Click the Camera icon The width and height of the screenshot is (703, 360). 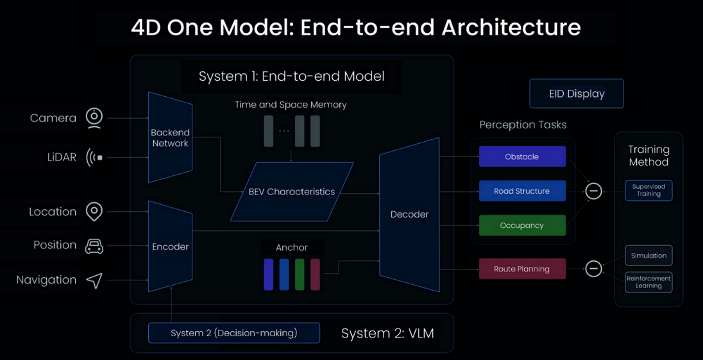[95, 117]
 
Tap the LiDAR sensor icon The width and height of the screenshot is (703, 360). [95, 157]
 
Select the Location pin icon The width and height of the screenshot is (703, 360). [94, 212]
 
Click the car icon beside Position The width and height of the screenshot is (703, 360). [94, 246]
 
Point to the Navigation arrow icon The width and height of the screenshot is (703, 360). [94, 280]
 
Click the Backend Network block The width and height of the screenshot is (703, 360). [170, 137]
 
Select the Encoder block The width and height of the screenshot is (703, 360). [170, 246]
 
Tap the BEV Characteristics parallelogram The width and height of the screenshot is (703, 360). [292, 191]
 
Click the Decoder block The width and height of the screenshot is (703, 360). [409, 214]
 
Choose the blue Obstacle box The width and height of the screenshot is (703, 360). [522, 157]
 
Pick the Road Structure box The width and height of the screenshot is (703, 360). [522, 191]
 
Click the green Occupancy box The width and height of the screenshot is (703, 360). [522, 225]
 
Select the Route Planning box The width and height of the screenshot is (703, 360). [522, 269]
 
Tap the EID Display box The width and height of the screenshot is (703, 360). [577, 94]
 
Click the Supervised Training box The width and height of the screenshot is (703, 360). [648, 191]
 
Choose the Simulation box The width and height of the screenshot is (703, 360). [648, 255]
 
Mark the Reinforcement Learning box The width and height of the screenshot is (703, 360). [648, 282]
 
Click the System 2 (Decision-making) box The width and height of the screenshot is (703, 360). [234, 333]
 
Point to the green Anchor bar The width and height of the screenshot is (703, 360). [300, 274]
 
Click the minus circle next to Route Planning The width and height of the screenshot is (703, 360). [594, 269]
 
